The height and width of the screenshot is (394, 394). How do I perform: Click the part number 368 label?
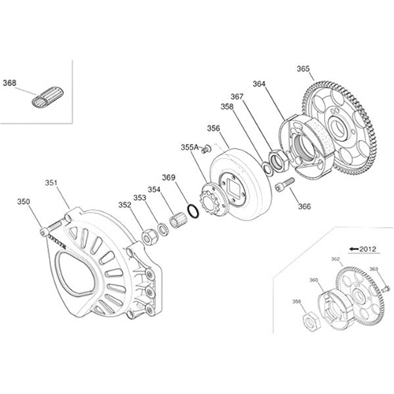click(x=10, y=82)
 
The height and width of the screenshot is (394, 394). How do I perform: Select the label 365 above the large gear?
click(x=303, y=69)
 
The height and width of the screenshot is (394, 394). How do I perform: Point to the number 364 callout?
click(x=259, y=84)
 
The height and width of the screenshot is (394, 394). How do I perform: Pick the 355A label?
click(x=189, y=147)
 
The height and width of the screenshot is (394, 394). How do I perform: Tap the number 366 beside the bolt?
click(x=304, y=206)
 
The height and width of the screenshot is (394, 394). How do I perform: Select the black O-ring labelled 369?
click(x=190, y=211)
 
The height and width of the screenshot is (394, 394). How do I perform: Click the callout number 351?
click(x=50, y=182)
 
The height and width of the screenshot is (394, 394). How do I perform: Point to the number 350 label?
click(x=24, y=202)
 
